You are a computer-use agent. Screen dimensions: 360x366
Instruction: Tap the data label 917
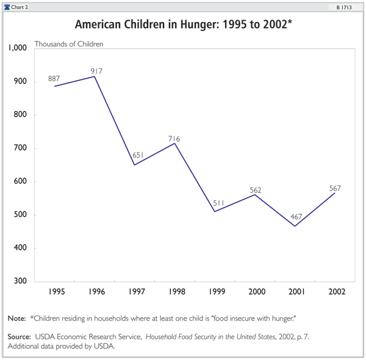(x=96, y=71)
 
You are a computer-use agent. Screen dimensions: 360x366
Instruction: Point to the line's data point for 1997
(x=134, y=165)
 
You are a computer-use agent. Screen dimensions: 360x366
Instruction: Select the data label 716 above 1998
(x=174, y=139)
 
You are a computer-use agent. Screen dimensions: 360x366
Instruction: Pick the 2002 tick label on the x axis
(x=335, y=292)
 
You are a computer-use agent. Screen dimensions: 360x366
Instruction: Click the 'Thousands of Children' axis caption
(x=69, y=44)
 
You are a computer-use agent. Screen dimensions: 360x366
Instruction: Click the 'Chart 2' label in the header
(x=20, y=7)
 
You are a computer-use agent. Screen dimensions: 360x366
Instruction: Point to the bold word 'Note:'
(x=16, y=319)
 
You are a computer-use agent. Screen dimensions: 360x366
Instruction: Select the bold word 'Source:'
(x=20, y=337)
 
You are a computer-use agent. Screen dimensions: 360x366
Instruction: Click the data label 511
(x=219, y=203)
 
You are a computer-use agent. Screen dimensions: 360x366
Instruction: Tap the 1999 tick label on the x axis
(x=214, y=292)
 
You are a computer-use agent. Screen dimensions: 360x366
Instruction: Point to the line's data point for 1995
(x=54, y=86)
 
